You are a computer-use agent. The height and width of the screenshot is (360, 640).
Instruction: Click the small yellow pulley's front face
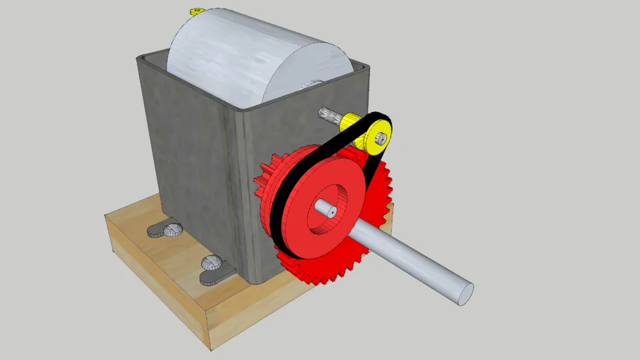pyautogui.click(x=373, y=141)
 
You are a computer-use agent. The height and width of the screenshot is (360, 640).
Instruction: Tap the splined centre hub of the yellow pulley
pyautogui.click(x=380, y=138)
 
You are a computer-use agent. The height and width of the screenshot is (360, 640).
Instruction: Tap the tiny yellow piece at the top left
pyautogui.click(x=197, y=11)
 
